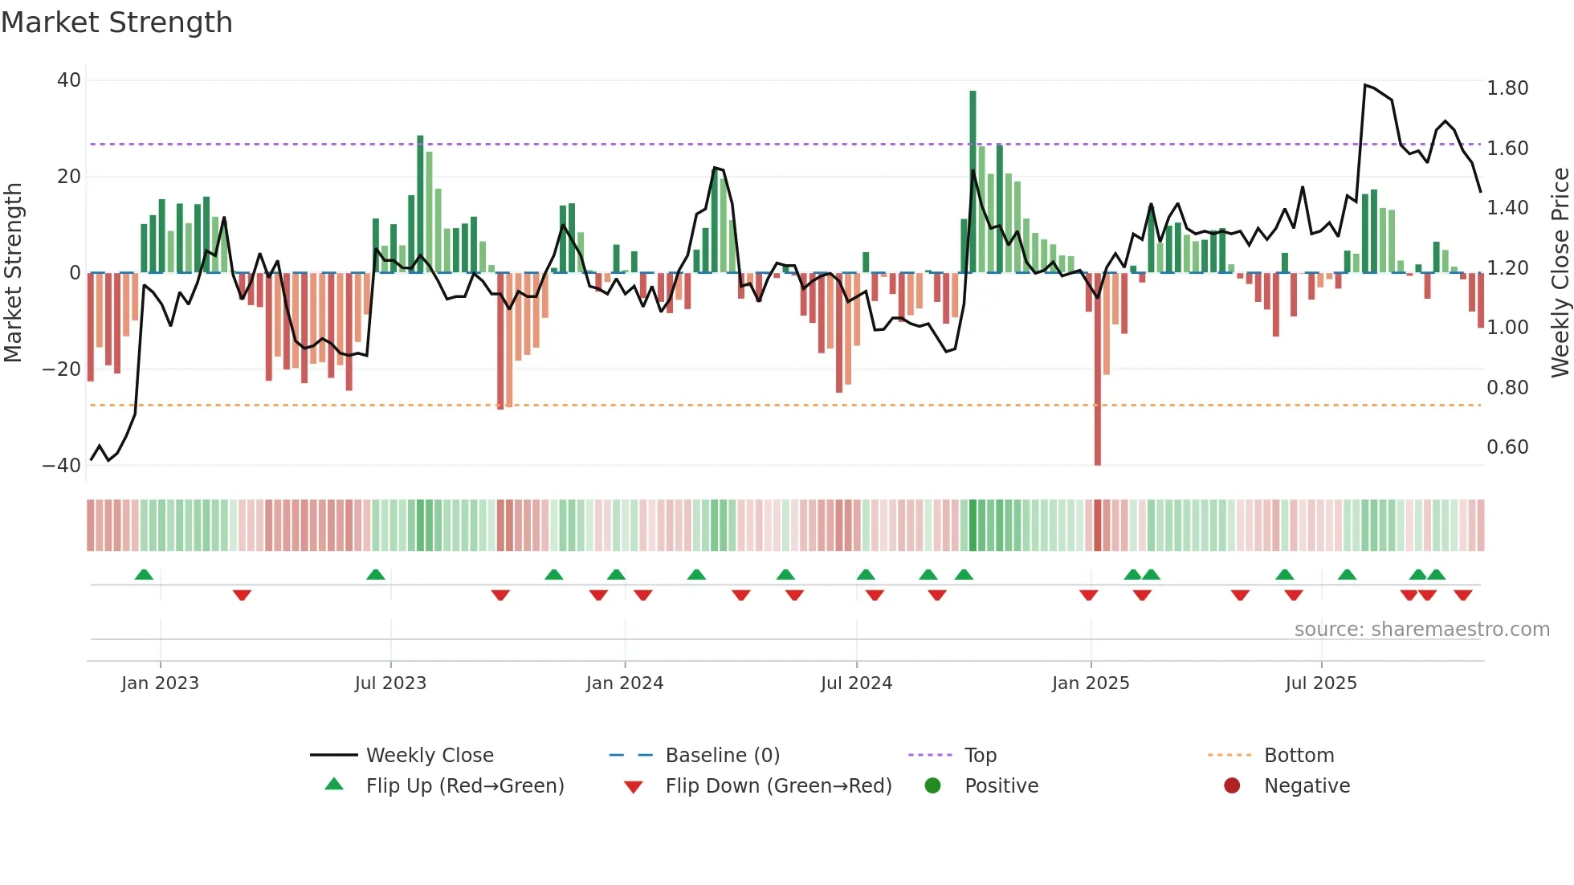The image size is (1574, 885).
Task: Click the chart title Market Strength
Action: pos(116,22)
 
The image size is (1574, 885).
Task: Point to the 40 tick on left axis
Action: pos(69,80)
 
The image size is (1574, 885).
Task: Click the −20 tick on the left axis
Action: pos(62,369)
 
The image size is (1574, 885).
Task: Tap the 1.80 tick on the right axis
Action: pos(1507,88)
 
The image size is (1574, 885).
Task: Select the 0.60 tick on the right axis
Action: pos(1507,447)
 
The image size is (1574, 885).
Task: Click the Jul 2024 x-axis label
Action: pos(856,683)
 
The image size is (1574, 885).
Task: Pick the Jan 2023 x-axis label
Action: pos(160,683)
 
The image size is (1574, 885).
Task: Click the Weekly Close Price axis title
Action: pos(1560,273)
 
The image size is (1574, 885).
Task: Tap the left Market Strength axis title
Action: pos(13,273)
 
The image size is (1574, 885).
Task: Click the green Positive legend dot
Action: pos(932,786)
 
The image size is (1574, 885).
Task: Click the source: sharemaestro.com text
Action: pos(1421,630)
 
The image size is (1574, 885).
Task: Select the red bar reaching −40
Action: pos(1098,369)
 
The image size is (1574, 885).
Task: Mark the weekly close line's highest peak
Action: pos(1365,84)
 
